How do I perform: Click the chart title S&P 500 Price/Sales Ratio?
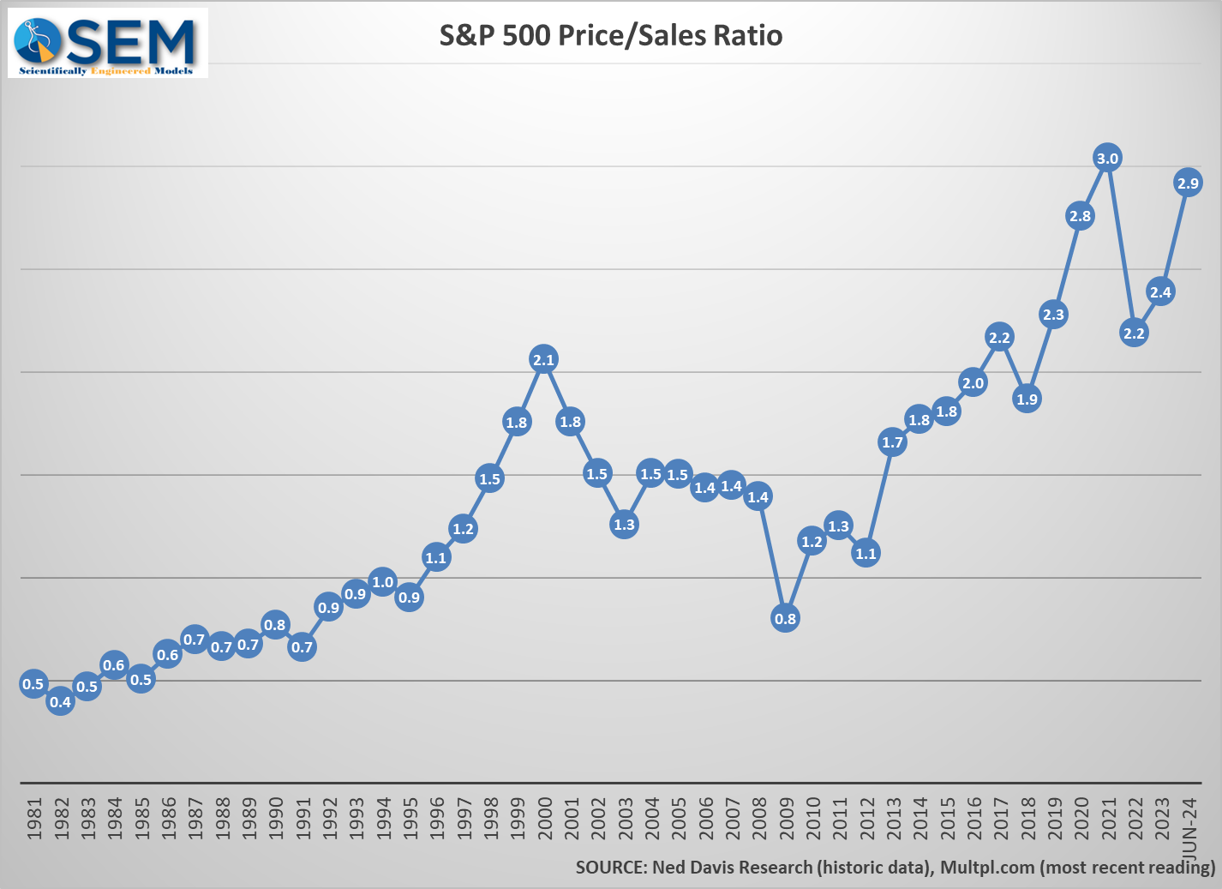pyautogui.click(x=610, y=35)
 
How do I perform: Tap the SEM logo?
pyautogui.click(x=108, y=43)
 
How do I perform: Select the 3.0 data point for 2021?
pyautogui.click(x=1107, y=158)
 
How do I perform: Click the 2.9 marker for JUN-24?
pyautogui.click(x=1188, y=183)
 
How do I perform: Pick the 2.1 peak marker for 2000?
pyautogui.click(x=543, y=359)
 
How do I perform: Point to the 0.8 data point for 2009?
pyautogui.click(x=785, y=618)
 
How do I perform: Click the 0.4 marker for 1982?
pyautogui.click(x=60, y=702)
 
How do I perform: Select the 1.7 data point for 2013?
pyautogui.click(x=892, y=442)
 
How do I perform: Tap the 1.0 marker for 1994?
pyautogui.click(x=382, y=582)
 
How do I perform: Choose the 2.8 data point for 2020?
pyautogui.click(x=1080, y=216)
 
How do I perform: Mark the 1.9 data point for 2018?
pyautogui.click(x=1027, y=399)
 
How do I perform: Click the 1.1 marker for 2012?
pyautogui.click(x=866, y=553)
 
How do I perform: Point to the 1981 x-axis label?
pyautogui.click(x=34, y=819)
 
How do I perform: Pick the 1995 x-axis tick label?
pyautogui.click(x=410, y=819)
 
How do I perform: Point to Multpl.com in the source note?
pyautogui.click(x=987, y=868)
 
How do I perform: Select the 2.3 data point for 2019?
pyautogui.click(x=1053, y=315)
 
